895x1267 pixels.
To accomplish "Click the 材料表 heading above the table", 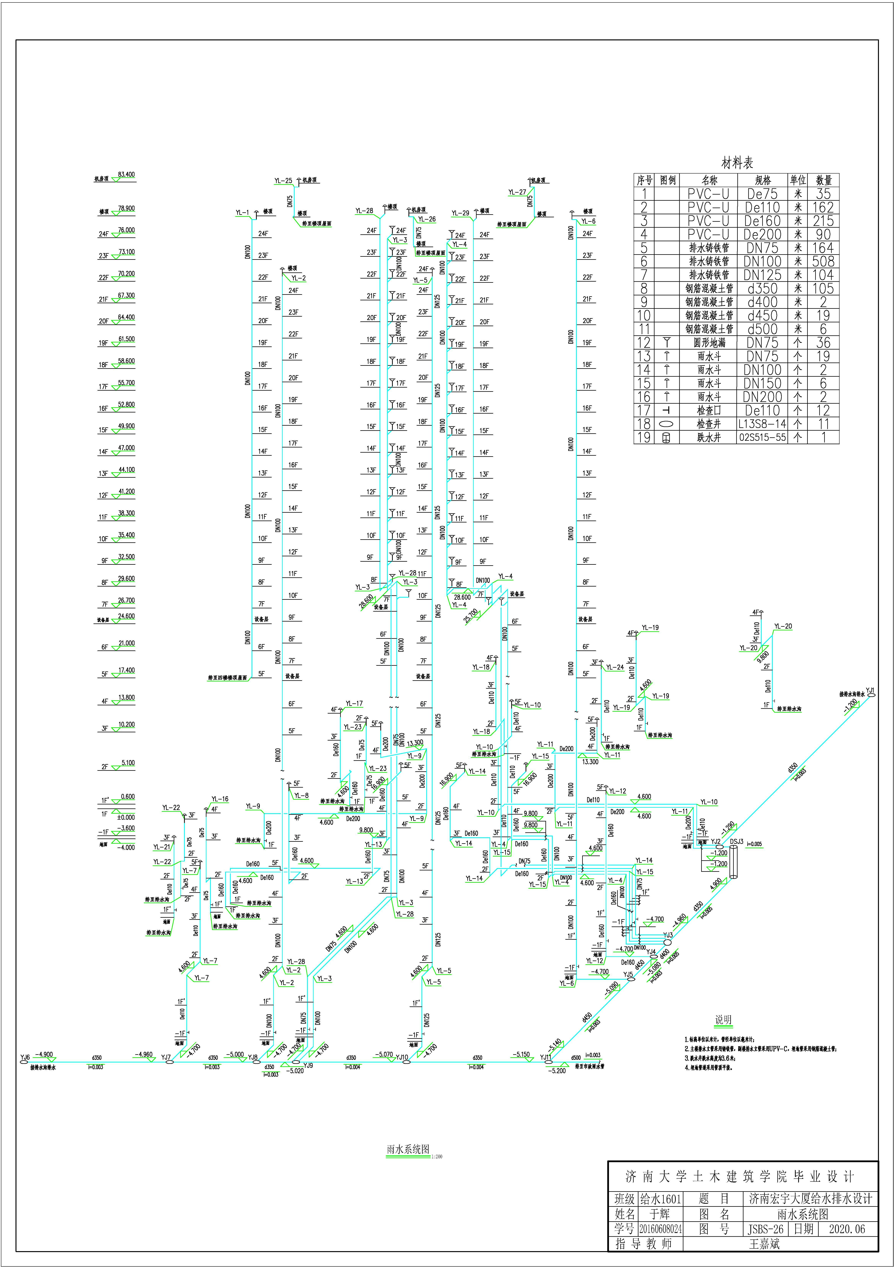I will point(737,163).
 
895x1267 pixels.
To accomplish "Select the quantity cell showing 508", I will point(823,262).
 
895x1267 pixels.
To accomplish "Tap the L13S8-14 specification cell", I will point(763,424).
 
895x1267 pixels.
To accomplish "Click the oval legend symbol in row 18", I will point(667,424).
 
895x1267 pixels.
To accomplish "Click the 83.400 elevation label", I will point(126,174).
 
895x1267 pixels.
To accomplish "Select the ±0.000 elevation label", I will point(126,817).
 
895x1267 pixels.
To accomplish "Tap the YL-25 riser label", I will point(283,180).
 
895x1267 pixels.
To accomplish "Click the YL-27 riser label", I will point(517,192).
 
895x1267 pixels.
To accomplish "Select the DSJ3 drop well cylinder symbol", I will point(733,862).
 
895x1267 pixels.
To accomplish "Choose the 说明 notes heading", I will point(723,1020).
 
